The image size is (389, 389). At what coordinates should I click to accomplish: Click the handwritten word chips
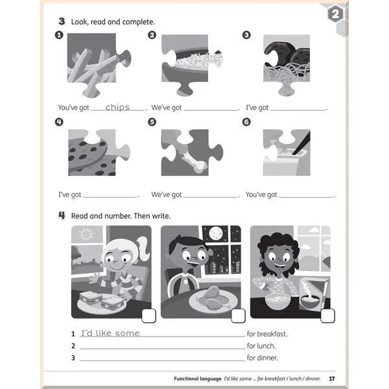pos(117,107)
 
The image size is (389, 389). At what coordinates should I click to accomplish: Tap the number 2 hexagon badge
pos(335,14)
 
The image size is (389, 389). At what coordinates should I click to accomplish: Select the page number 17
pos(332,379)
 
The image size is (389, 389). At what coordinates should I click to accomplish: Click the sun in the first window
pos(86,234)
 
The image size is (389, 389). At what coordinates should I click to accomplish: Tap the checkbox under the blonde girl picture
pos(148,316)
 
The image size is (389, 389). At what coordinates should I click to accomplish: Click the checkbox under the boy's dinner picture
pos(238,316)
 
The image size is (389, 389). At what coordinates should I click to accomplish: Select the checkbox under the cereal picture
pos(327,316)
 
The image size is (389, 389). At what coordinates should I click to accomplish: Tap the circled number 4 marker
pos(59,122)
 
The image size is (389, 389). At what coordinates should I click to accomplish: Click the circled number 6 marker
pos(246,122)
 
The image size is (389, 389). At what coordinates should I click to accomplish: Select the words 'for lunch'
pos(261,346)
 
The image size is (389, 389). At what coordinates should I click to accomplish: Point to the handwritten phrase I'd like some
pos(110,333)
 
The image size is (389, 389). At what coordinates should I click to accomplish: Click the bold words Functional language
pos(198,379)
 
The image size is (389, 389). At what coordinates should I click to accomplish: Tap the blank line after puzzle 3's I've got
pos(298,110)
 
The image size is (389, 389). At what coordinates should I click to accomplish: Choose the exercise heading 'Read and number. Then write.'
pos(121,216)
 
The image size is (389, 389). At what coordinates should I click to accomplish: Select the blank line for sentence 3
pos(162,360)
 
